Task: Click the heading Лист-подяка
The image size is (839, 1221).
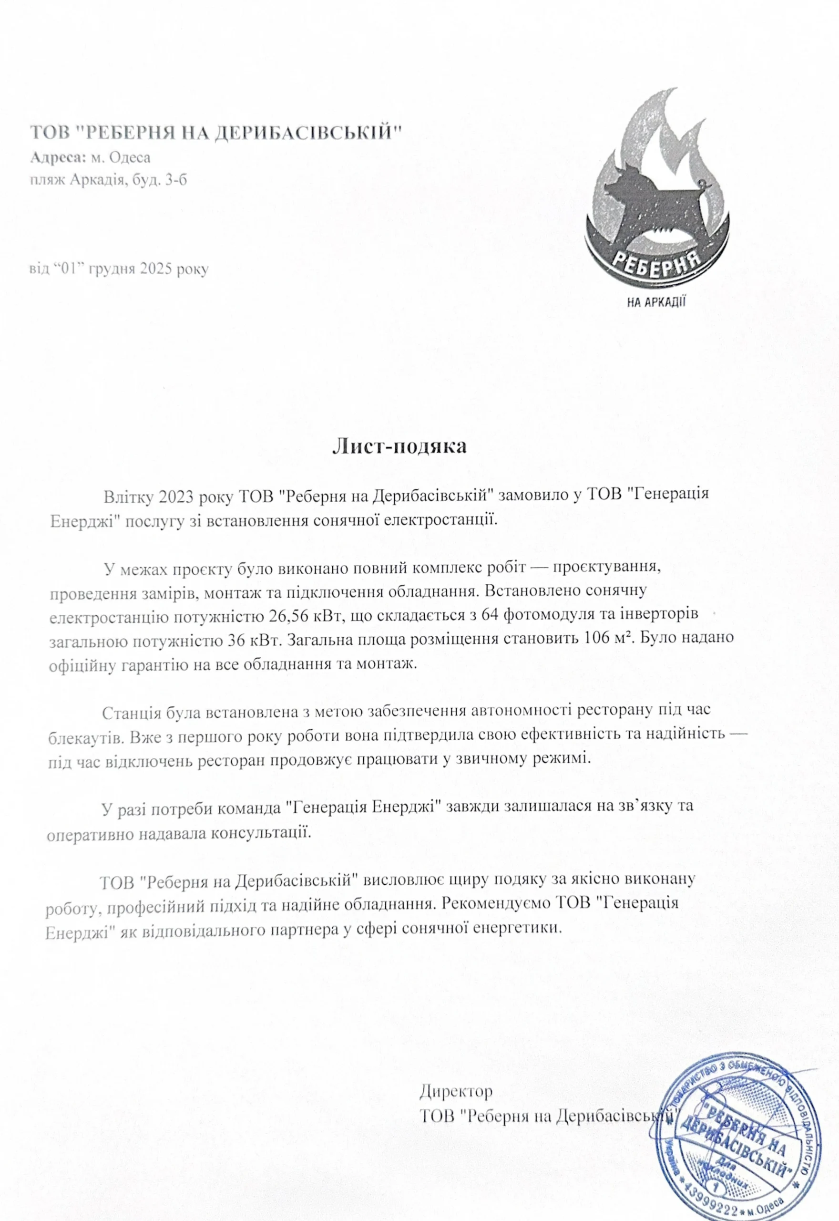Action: [x=399, y=447]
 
